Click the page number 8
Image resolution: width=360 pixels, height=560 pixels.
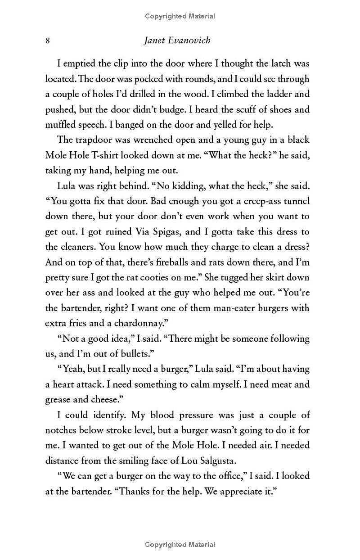47,41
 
